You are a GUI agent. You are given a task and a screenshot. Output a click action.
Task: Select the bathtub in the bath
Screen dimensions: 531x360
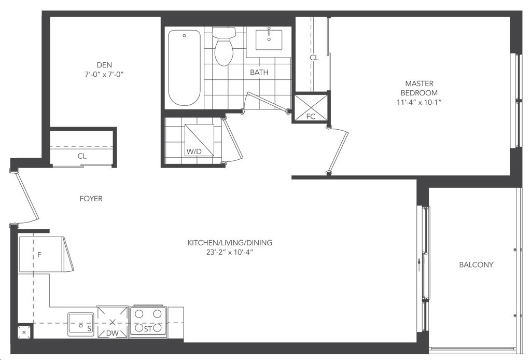click(x=184, y=68)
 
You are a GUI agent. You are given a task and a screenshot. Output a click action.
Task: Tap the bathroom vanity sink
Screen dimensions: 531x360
click(x=269, y=39)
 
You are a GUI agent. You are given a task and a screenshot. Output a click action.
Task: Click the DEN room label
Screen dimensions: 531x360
click(x=104, y=65)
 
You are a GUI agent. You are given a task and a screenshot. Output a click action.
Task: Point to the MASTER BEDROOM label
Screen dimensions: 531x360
click(x=419, y=88)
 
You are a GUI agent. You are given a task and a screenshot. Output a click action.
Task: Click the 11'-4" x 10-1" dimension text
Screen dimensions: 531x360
click(x=419, y=102)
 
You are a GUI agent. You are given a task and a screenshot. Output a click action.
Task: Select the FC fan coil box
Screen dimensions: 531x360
click(x=311, y=108)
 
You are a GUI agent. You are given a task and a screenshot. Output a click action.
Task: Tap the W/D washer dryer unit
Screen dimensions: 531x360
click(x=200, y=140)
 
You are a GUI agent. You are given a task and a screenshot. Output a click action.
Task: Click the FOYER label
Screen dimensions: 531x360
click(x=91, y=199)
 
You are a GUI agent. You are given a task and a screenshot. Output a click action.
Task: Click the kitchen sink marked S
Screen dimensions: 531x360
click(x=80, y=324)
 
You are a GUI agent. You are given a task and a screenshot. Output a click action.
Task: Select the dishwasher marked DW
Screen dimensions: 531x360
click(x=113, y=322)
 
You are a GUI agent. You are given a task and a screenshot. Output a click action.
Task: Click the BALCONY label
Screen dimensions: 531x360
click(x=476, y=265)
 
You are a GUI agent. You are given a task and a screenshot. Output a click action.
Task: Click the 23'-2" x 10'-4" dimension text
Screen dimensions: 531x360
click(x=230, y=252)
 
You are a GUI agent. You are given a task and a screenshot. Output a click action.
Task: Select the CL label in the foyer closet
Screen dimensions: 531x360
click(x=82, y=156)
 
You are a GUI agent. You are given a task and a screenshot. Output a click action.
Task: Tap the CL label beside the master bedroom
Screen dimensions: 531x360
click(x=314, y=58)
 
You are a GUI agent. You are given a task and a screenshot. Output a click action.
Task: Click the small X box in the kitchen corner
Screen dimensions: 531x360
click(x=24, y=332)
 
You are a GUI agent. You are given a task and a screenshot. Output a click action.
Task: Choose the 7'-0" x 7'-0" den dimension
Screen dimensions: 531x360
click(x=104, y=74)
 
